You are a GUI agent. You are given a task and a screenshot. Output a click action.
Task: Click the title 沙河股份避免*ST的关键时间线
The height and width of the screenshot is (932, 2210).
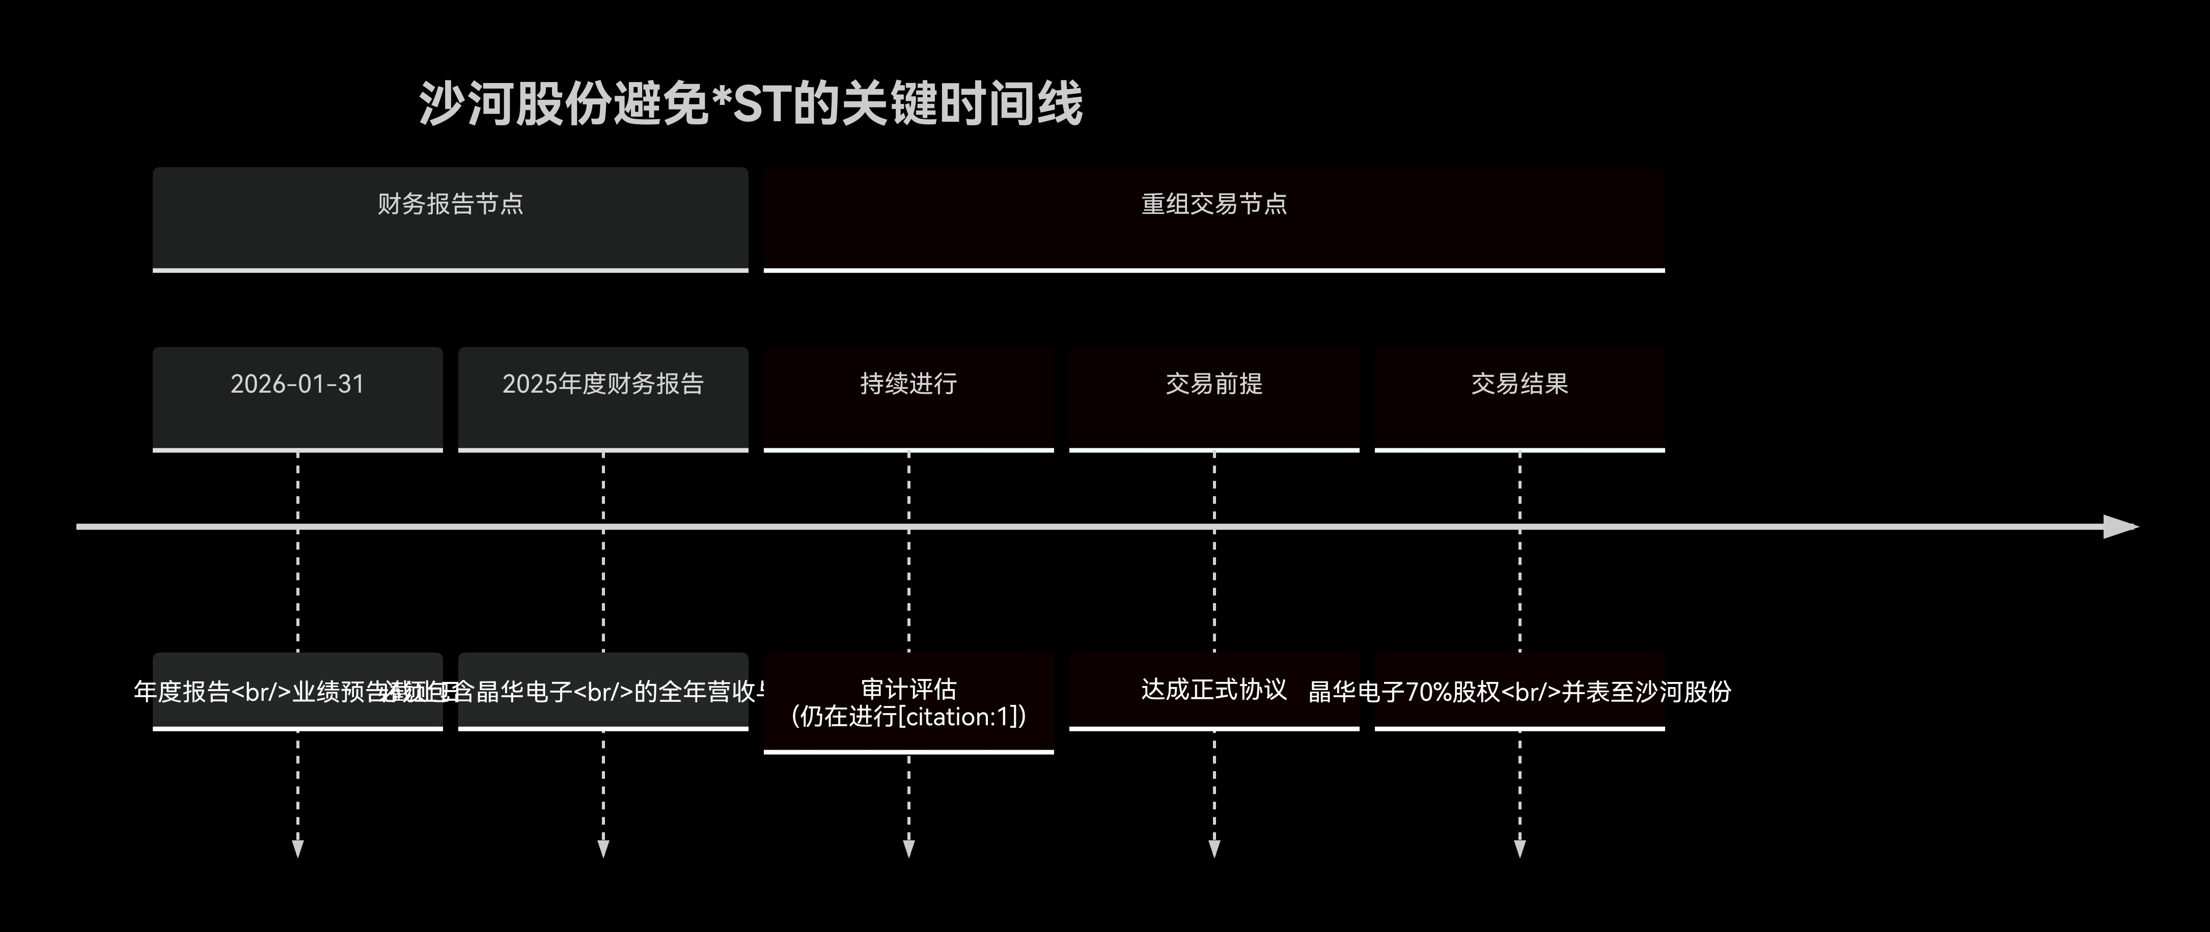click(x=751, y=104)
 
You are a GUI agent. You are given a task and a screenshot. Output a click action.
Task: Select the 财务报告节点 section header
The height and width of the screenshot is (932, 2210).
click(x=451, y=219)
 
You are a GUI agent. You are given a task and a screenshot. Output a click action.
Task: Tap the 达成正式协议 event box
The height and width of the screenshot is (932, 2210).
click(x=1214, y=690)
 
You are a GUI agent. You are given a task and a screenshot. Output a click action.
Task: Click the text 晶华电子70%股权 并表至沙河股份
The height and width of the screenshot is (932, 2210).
click(x=1520, y=692)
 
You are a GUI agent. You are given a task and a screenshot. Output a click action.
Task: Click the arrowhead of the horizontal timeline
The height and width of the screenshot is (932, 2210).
click(x=2121, y=527)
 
